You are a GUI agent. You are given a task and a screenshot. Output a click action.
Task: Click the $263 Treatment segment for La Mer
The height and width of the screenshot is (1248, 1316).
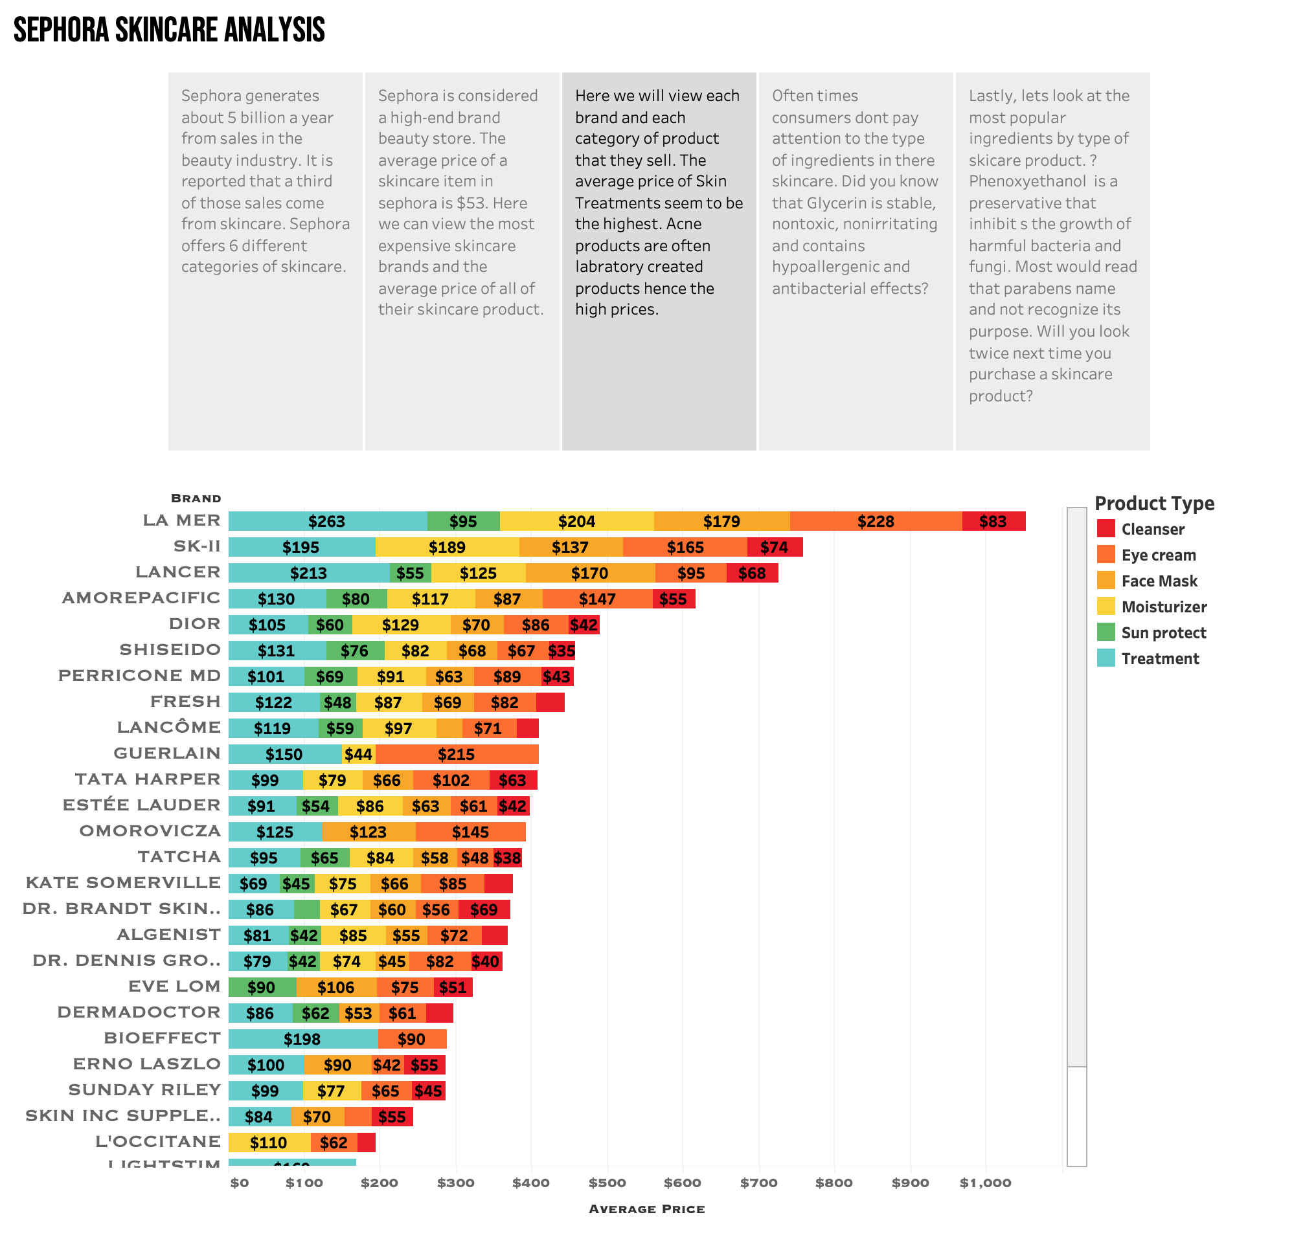[327, 521]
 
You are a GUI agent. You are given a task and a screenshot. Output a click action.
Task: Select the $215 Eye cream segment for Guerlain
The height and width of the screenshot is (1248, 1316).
[457, 753]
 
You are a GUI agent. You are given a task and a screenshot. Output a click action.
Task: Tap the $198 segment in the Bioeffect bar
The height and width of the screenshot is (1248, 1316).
[302, 1038]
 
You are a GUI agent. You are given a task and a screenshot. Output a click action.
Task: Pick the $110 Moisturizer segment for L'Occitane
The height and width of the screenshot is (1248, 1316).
[269, 1142]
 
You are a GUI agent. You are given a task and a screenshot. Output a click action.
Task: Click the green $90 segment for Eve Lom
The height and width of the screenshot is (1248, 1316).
[262, 986]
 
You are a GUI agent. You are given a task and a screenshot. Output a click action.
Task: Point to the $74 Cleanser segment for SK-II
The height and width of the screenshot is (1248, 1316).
[774, 547]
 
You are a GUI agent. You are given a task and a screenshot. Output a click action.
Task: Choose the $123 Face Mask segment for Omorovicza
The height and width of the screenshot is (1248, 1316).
[368, 832]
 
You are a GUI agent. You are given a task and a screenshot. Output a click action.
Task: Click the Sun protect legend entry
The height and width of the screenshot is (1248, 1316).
[1163, 632]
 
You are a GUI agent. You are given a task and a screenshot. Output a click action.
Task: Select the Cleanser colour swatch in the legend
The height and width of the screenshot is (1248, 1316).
[1106, 529]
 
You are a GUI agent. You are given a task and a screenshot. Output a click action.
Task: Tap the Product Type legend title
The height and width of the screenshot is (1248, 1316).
[1154, 503]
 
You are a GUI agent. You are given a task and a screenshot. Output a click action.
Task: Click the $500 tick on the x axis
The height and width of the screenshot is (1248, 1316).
[607, 1183]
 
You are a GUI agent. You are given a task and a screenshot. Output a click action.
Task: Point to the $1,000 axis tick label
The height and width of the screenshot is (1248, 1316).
[985, 1183]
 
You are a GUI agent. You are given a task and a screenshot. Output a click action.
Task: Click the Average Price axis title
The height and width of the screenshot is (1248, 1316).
[646, 1209]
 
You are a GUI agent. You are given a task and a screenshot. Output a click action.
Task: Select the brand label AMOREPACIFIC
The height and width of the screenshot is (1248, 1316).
[141, 597]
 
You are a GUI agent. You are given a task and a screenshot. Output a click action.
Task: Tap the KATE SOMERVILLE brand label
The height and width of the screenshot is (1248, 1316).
[123, 882]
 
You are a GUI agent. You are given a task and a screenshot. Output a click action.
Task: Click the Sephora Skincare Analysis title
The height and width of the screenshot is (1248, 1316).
[169, 30]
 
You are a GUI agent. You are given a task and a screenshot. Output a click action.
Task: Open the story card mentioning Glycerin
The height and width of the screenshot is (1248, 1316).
[855, 261]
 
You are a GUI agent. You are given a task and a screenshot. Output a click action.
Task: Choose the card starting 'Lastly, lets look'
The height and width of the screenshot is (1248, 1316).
[1052, 261]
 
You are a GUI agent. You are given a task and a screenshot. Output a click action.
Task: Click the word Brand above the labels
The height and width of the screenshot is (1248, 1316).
[196, 498]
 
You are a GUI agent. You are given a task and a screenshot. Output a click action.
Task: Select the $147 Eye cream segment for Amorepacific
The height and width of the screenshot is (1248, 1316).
[597, 599]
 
